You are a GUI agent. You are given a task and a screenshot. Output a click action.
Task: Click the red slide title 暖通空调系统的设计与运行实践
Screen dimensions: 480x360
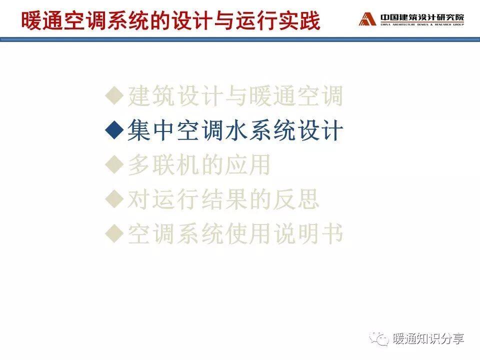(x=171, y=21)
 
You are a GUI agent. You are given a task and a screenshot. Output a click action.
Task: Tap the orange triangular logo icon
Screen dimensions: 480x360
(x=367, y=19)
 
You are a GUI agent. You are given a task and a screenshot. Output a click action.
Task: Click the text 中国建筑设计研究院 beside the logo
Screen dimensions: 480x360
(x=422, y=17)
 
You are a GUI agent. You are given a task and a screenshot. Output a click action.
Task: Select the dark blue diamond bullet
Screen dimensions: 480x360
(x=114, y=130)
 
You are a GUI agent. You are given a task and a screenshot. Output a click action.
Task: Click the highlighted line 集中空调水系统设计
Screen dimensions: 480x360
(x=235, y=130)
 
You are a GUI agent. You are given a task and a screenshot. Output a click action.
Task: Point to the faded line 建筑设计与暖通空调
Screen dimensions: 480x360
(x=235, y=96)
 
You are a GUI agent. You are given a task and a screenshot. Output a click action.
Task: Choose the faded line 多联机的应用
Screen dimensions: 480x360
(x=198, y=164)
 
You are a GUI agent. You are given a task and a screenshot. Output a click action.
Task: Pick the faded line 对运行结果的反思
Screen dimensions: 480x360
(x=223, y=199)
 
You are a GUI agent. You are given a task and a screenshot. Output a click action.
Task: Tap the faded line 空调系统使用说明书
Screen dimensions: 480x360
(x=235, y=234)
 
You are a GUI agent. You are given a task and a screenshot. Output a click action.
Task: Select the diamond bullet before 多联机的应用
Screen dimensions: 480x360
(x=114, y=164)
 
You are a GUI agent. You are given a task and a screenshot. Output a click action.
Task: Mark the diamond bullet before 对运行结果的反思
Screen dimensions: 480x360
(x=114, y=199)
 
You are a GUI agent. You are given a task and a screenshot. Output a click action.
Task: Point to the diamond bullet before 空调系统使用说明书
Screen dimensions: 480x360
(x=114, y=233)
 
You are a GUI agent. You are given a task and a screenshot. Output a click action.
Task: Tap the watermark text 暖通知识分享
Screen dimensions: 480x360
(x=428, y=339)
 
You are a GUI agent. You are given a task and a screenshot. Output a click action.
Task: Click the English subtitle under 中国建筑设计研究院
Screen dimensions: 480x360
(x=422, y=24)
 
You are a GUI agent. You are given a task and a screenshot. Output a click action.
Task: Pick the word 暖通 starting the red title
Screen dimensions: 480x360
(x=42, y=21)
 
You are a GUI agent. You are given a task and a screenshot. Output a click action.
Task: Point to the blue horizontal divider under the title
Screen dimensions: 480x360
(x=240, y=39)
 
